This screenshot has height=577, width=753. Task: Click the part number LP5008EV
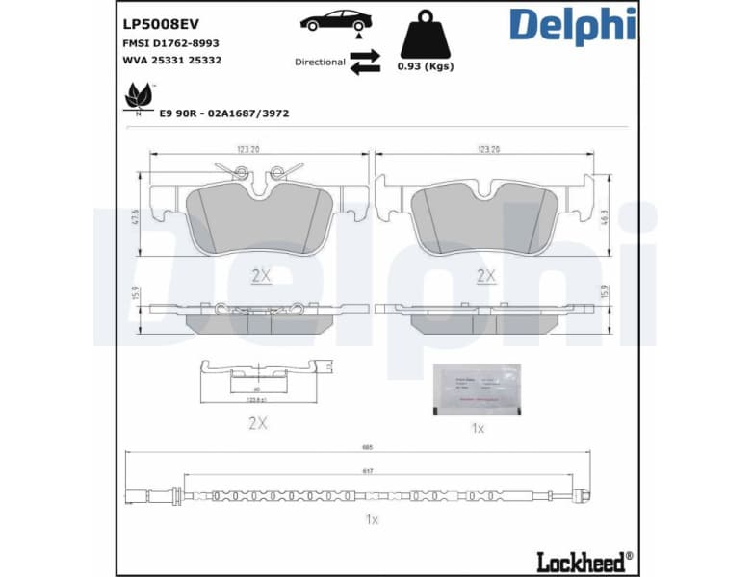[158, 23]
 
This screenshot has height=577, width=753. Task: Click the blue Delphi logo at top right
[572, 27]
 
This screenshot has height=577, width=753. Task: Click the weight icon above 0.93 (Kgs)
[424, 36]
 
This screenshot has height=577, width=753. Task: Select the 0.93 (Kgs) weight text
[425, 66]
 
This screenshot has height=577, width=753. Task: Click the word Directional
[320, 62]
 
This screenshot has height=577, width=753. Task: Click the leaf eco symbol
[139, 96]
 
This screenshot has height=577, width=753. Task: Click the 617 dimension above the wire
[369, 472]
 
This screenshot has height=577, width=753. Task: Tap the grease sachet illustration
[477, 389]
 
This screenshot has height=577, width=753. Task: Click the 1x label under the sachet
[477, 428]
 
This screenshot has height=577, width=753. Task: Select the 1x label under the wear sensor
[372, 519]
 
